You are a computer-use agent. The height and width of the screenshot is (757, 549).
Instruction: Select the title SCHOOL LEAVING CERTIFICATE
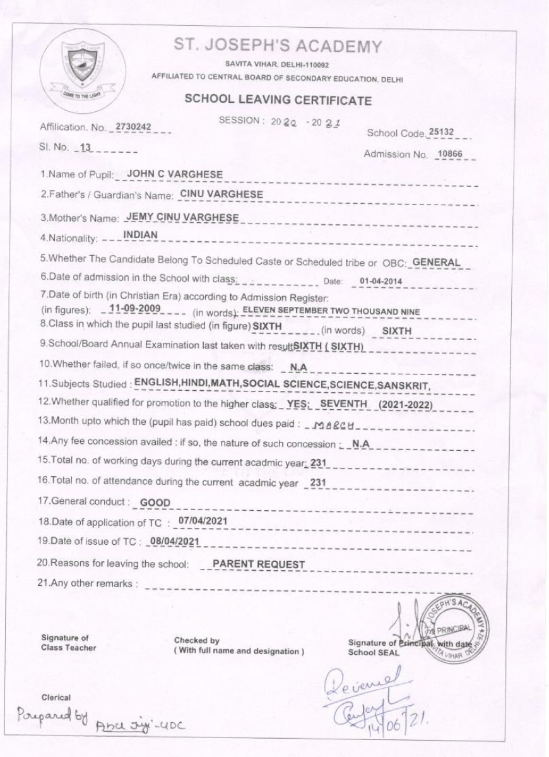pos(278,100)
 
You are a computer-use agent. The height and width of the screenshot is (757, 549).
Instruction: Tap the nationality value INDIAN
pos(140,236)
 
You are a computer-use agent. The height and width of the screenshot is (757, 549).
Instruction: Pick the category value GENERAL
pos(436,262)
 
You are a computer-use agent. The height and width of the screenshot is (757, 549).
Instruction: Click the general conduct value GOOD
pos(155,503)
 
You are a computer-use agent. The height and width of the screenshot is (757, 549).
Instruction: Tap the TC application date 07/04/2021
pos(203,521)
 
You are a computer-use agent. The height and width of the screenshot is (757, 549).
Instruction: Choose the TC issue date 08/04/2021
pos(173,541)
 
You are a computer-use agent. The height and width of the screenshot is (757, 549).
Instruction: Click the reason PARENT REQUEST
pos(259,564)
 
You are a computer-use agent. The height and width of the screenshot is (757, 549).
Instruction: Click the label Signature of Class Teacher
pos(65,643)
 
